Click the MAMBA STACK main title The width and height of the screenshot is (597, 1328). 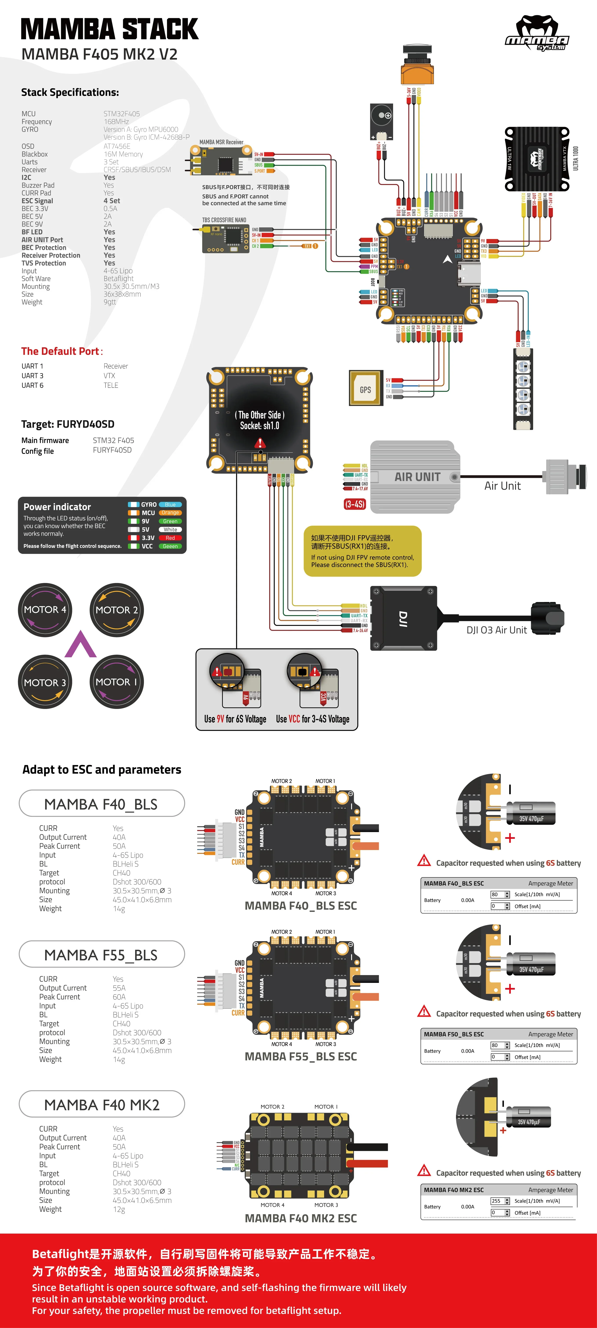(x=109, y=29)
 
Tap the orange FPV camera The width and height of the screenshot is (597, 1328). (x=417, y=67)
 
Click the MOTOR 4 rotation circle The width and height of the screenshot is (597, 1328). (x=45, y=610)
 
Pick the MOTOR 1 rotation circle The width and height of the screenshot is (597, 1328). (x=116, y=682)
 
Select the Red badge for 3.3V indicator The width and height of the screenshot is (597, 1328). (x=170, y=538)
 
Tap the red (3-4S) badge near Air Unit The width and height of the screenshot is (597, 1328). (x=355, y=504)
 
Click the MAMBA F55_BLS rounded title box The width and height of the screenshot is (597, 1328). (x=102, y=955)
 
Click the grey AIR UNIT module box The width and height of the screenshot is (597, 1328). (x=415, y=477)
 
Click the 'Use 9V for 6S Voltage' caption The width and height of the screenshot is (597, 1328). (x=235, y=719)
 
